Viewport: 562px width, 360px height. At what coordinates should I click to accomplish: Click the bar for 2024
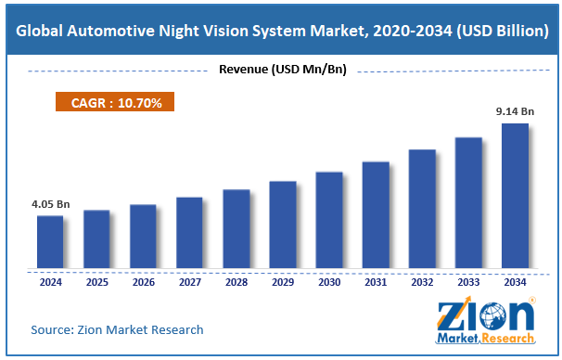tap(50, 242)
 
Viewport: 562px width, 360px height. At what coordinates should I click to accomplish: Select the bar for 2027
tap(189, 233)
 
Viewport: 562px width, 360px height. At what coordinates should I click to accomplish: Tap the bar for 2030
tap(328, 220)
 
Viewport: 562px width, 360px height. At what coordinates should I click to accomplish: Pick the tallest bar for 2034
tap(515, 196)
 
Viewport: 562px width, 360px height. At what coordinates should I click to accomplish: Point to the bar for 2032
tap(422, 209)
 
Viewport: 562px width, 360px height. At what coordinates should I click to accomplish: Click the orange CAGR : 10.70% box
tap(117, 103)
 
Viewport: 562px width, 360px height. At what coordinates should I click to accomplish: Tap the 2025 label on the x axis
tap(96, 283)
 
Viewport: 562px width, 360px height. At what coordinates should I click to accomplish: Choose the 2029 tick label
tap(282, 283)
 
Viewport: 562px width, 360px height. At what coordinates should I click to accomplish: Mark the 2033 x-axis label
tap(468, 283)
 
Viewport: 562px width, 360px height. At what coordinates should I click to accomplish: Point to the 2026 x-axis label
tap(143, 283)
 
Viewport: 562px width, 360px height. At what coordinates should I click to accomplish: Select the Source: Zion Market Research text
tap(117, 329)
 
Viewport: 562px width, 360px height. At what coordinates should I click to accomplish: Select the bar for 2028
tap(236, 229)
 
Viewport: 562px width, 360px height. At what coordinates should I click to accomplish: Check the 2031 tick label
tap(375, 283)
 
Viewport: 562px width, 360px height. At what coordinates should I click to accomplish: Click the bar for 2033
tap(468, 203)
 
